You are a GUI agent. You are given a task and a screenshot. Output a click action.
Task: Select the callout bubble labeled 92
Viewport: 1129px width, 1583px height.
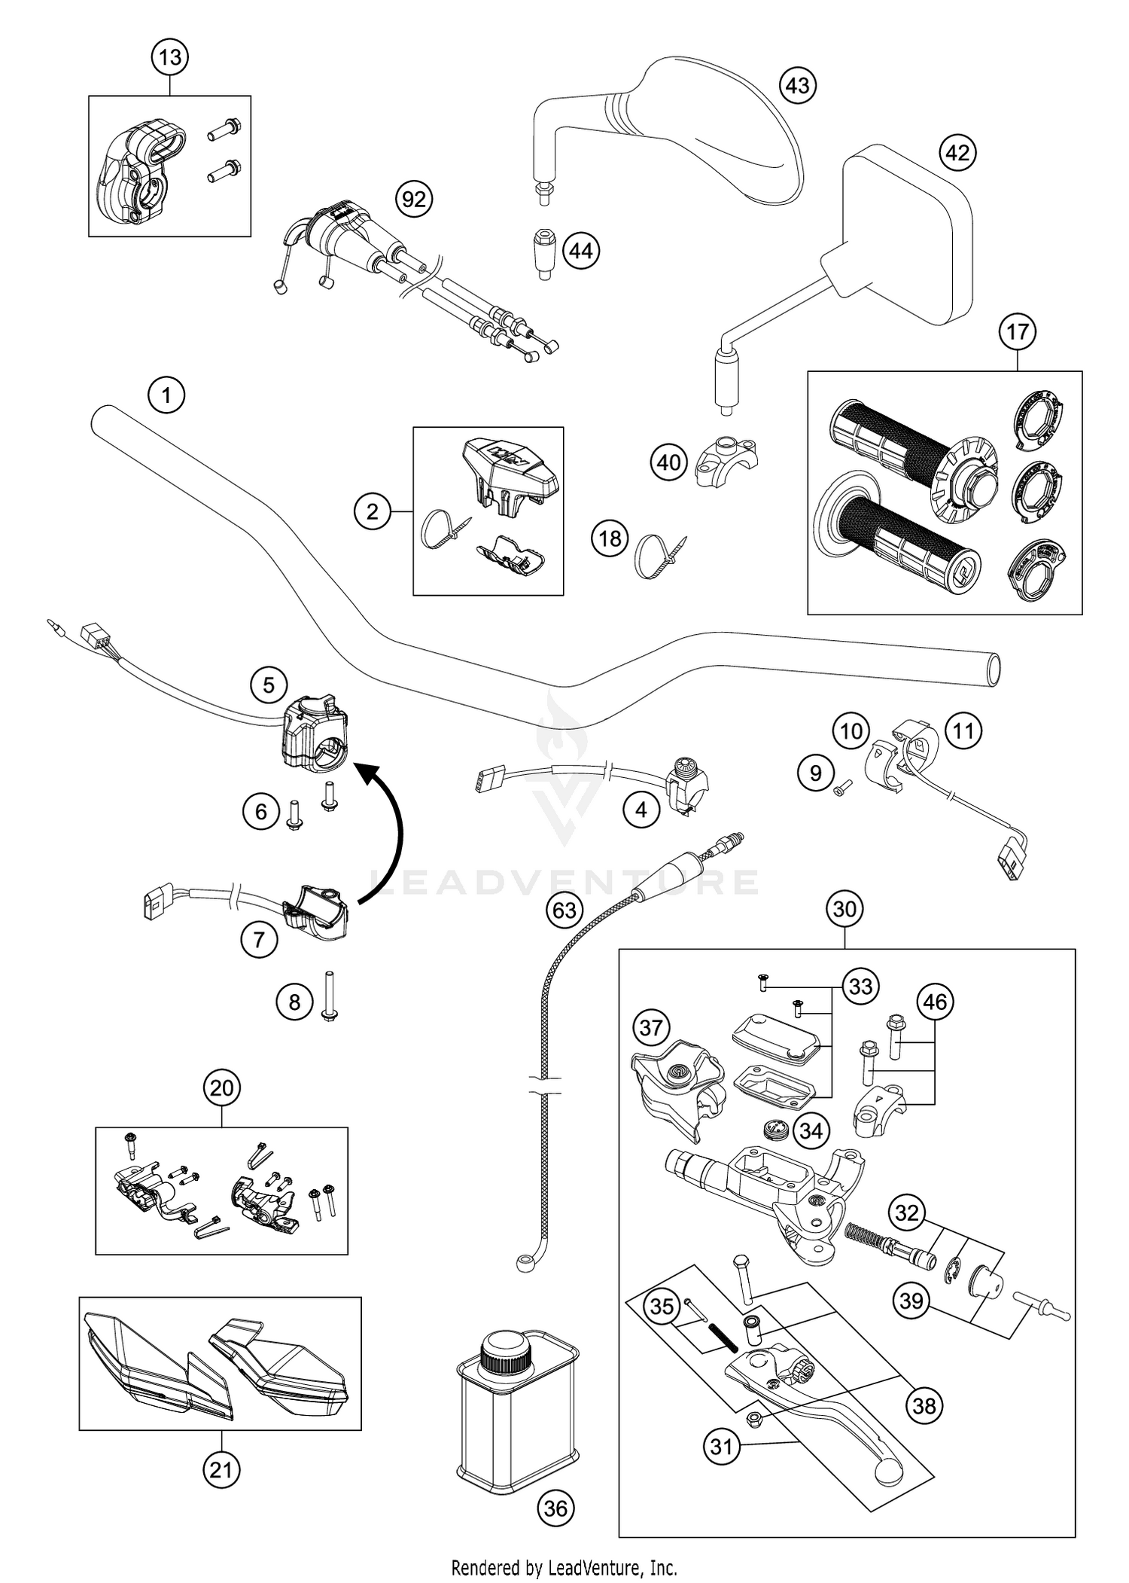point(414,200)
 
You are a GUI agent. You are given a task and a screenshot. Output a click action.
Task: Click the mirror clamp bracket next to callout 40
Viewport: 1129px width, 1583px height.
point(726,461)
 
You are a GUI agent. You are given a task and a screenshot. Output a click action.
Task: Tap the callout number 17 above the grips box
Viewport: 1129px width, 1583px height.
point(1017,331)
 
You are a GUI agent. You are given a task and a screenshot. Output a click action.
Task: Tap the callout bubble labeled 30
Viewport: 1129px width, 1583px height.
point(844,909)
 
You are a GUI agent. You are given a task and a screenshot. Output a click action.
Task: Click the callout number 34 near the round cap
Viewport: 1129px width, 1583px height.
point(811,1130)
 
